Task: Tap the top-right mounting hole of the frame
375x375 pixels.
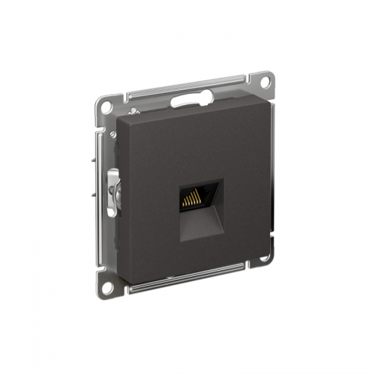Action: click(264, 78)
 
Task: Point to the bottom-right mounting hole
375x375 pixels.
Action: click(264, 259)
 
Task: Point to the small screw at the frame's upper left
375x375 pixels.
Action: click(113, 135)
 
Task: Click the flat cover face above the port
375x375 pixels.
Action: click(195, 142)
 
